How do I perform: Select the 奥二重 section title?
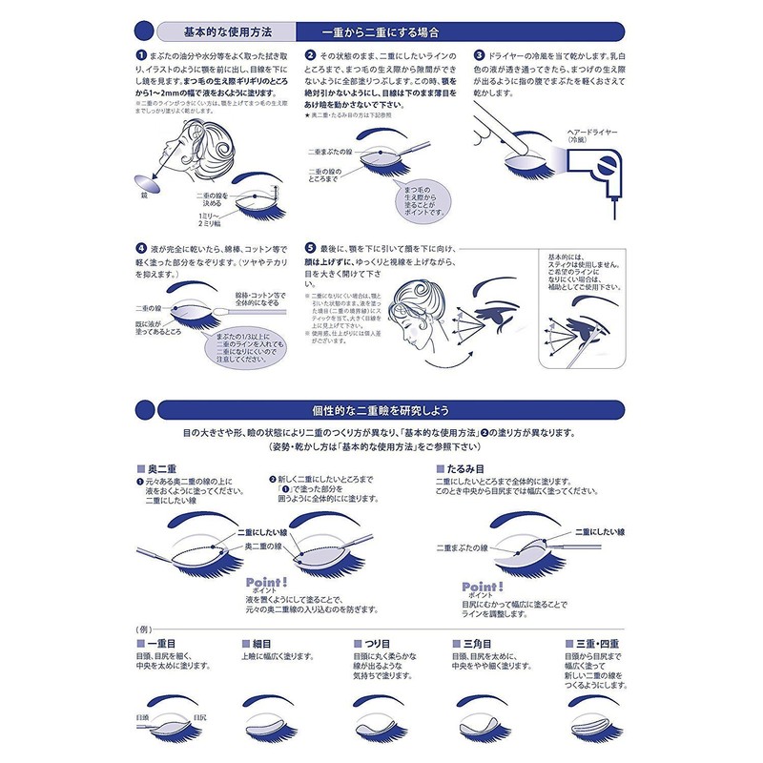[x=157, y=470]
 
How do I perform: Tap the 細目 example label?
[x=262, y=645]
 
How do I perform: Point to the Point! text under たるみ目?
[x=482, y=585]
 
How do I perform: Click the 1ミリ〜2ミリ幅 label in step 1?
[x=238, y=220]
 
